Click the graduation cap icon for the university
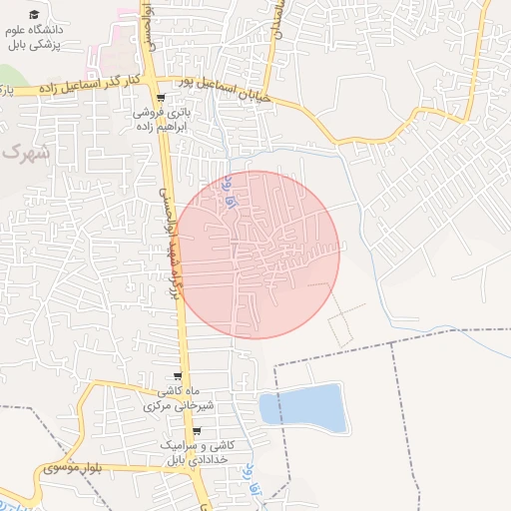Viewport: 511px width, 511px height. [x=35, y=15]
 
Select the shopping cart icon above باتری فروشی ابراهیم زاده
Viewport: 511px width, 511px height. [x=161, y=98]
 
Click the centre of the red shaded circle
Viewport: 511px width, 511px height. [x=255, y=255]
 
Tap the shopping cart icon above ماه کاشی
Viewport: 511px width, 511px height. [x=177, y=376]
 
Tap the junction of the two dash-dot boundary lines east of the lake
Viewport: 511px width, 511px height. [x=392, y=343]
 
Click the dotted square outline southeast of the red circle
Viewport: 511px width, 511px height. [x=341, y=325]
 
